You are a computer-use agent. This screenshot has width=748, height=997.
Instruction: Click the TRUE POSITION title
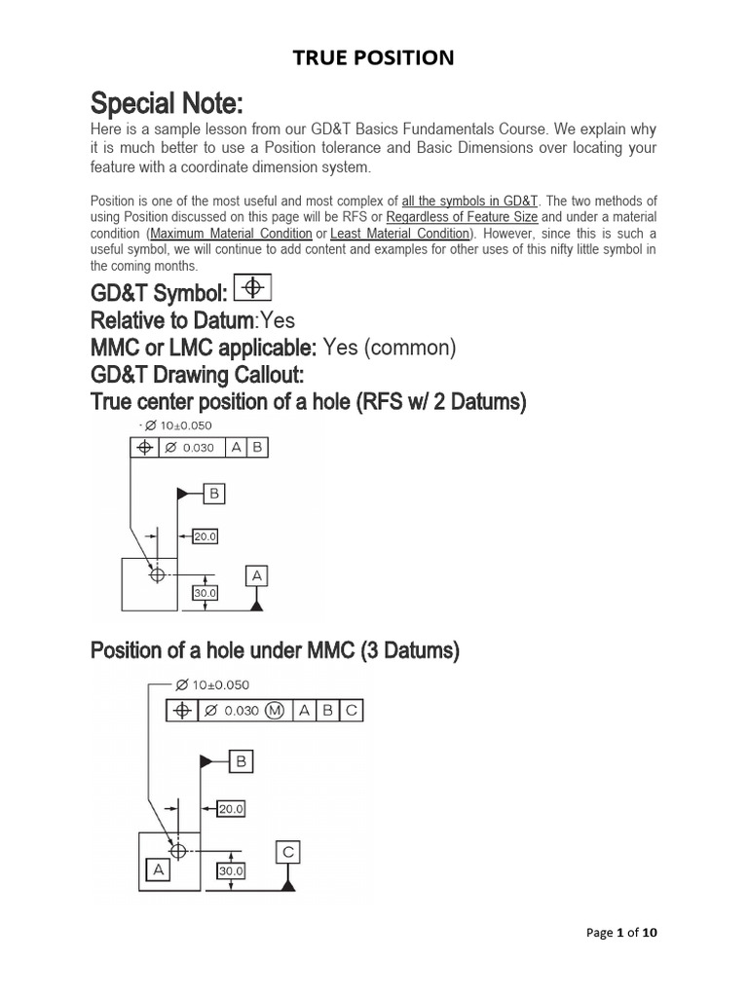tap(374, 58)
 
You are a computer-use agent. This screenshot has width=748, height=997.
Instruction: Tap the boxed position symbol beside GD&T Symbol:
tap(253, 287)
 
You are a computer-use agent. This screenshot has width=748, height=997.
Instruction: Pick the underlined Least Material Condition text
tap(399, 234)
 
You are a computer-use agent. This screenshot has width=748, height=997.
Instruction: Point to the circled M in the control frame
tap(275, 711)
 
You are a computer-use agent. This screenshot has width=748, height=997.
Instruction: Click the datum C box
tap(287, 852)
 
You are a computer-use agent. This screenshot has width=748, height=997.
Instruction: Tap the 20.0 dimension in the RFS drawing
tap(205, 536)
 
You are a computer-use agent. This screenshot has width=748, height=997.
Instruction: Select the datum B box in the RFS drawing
tap(213, 495)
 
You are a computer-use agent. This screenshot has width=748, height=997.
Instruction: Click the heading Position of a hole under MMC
tap(274, 650)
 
